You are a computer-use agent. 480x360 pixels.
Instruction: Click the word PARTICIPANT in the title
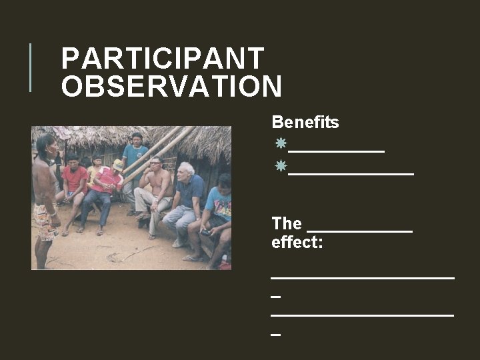coord(163,59)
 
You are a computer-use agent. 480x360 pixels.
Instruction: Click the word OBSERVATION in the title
coord(171,87)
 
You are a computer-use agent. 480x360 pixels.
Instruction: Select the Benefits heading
coord(305,123)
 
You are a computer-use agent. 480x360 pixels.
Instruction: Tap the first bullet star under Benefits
coord(281,143)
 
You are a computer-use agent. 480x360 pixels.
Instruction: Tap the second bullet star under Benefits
coord(281,165)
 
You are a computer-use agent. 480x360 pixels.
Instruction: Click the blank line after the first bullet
coord(337,151)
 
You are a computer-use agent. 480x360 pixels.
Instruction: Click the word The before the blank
coord(287,223)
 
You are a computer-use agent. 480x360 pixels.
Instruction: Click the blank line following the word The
coord(359,231)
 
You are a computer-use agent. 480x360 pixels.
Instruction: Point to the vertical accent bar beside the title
coord(31,67)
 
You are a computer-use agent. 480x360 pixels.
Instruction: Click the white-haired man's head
coord(186,169)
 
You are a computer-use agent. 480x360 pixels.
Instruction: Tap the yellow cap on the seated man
coord(118,164)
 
